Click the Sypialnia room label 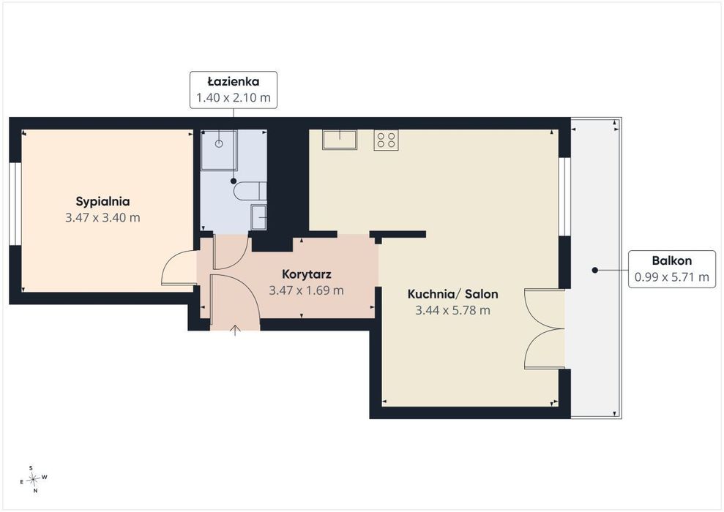(x=102, y=202)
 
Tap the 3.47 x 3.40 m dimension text (x=102, y=218)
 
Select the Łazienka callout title (x=234, y=82)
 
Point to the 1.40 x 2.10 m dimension (x=234, y=98)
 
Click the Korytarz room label (x=307, y=274)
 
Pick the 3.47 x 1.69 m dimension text (x=306, y=290)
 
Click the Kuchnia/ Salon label (x=452, y=294)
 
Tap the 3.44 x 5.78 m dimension (x=452, y=310)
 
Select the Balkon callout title (x=672, y=260)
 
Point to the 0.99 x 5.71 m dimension (x=672, y=277)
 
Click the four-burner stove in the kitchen (x=386, y=140)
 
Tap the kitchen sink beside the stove (x=340, y=140)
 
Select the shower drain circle (x=219, y=143)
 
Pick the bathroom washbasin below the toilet (x=258, y=217)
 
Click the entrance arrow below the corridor (x=236, y=331)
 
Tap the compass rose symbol (x=33, y=480)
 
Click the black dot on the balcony (x=595, y=271)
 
